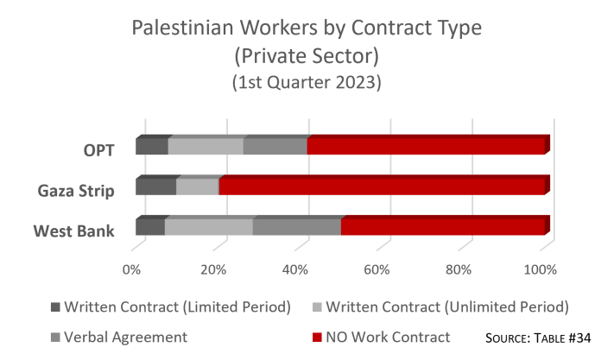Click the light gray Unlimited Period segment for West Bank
click(208, 226)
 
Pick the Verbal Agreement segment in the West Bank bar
click(296, 226)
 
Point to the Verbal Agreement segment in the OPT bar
click(275, 147)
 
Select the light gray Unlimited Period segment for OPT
click(206, 147)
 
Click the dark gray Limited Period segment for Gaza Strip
click(155, 186)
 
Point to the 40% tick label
click(295, 269)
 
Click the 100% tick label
click(541, 269)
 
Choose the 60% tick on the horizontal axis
click(377, 269)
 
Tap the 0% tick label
click(132, 269)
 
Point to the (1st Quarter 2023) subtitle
click(307, 83)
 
